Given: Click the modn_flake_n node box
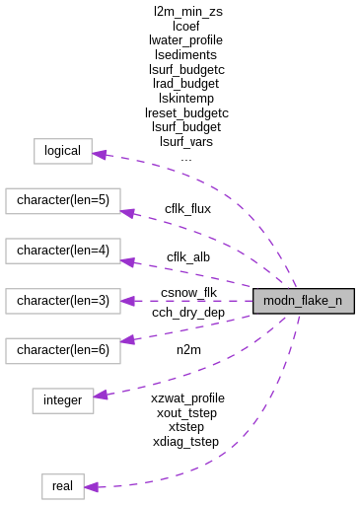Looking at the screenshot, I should click(303, 301).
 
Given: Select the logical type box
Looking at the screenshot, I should click(63, 152).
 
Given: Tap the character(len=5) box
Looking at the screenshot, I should click(63, 201).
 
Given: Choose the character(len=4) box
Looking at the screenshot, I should click(63, 251).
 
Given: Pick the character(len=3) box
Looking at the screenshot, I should click(63, 300).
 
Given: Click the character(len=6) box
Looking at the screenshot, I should click(63, 349).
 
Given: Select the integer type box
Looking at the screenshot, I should click(63, 399).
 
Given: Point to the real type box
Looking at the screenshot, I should click(62, 485).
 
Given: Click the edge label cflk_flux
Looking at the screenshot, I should click(187, 208).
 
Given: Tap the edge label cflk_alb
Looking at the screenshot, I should click(187, 257).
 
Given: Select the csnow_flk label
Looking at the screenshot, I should click(187, 293).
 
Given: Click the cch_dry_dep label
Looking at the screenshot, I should click(187, 313).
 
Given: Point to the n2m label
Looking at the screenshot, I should click(187, 349).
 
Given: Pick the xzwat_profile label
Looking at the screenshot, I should click(187, 397).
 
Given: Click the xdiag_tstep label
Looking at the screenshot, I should click(185, 442).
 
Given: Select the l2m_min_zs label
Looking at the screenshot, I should click(187, 11).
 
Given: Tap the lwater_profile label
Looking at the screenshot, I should click(185, 40).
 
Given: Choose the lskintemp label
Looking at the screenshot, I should click(186, 99).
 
